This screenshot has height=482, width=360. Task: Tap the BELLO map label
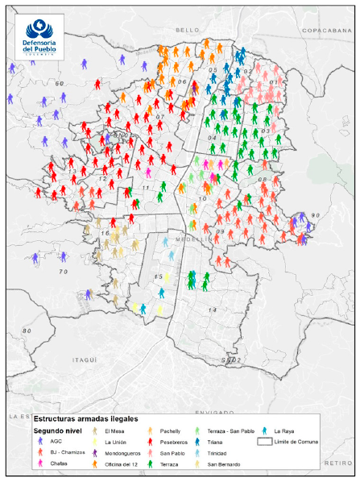coord(187,29)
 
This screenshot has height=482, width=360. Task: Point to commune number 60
coord(58,83)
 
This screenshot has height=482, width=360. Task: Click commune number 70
coord(64,271)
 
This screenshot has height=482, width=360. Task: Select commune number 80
coord(27,330)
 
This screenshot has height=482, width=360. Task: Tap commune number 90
coord(316,215)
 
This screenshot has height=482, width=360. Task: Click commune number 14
coord(213,310)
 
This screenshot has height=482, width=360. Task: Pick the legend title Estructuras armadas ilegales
coord(85,419)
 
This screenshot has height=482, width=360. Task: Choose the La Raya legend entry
coord(284,431)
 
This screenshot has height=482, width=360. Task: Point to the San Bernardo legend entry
coord(221,464)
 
